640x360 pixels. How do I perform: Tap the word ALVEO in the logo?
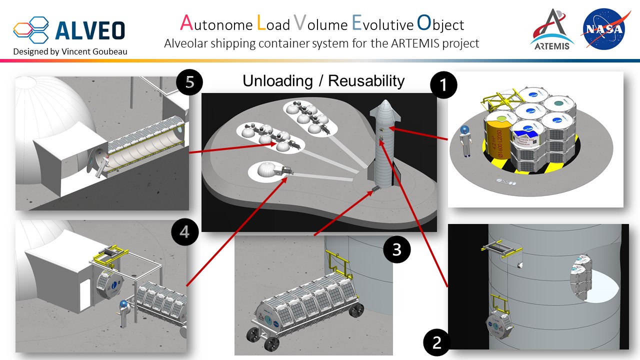point(90,30)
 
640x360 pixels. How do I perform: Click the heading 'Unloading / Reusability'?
point(323,80)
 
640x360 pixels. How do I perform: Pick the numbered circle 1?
point(442,85)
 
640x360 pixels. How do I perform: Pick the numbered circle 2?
point(437,342)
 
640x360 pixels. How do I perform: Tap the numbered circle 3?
point(396,249)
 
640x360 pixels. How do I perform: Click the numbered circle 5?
point(189,82)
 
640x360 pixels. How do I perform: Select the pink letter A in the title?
point(186,22)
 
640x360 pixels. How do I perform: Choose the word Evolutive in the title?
point(382,23)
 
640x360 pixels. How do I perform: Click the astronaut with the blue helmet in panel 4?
point(123,313)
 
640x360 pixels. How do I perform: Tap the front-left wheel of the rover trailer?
point(271,344)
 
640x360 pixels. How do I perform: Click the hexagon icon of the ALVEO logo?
point(31,29)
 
